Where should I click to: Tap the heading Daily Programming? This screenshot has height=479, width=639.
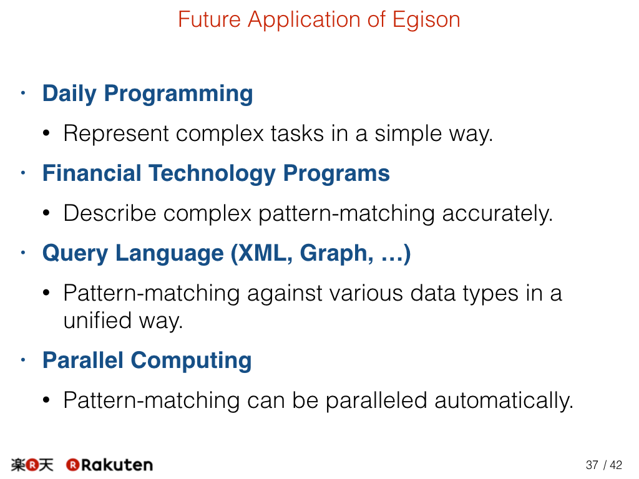[147, 94]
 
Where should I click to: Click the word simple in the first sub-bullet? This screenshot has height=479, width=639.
[408, 133]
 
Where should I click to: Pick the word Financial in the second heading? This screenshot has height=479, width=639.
[92, 173]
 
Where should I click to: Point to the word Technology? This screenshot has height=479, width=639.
[212, 174]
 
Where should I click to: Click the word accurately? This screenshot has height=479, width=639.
[497, 214]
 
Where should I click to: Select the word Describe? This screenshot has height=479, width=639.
[110, 213]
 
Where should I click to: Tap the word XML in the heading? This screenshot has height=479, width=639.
[261, 253]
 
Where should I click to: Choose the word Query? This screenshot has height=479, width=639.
[76, 254]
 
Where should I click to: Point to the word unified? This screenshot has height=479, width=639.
[97, 320]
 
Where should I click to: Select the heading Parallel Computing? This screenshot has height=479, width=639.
[147, 361]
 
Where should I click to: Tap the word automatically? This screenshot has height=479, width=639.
[504, 401]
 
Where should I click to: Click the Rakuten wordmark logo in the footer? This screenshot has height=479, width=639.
[109, 465]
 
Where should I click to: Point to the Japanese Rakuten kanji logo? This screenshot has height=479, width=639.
[32, 465]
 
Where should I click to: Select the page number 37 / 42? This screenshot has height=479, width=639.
[604, 465]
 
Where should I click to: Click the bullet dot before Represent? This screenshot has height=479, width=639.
[46, 133]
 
